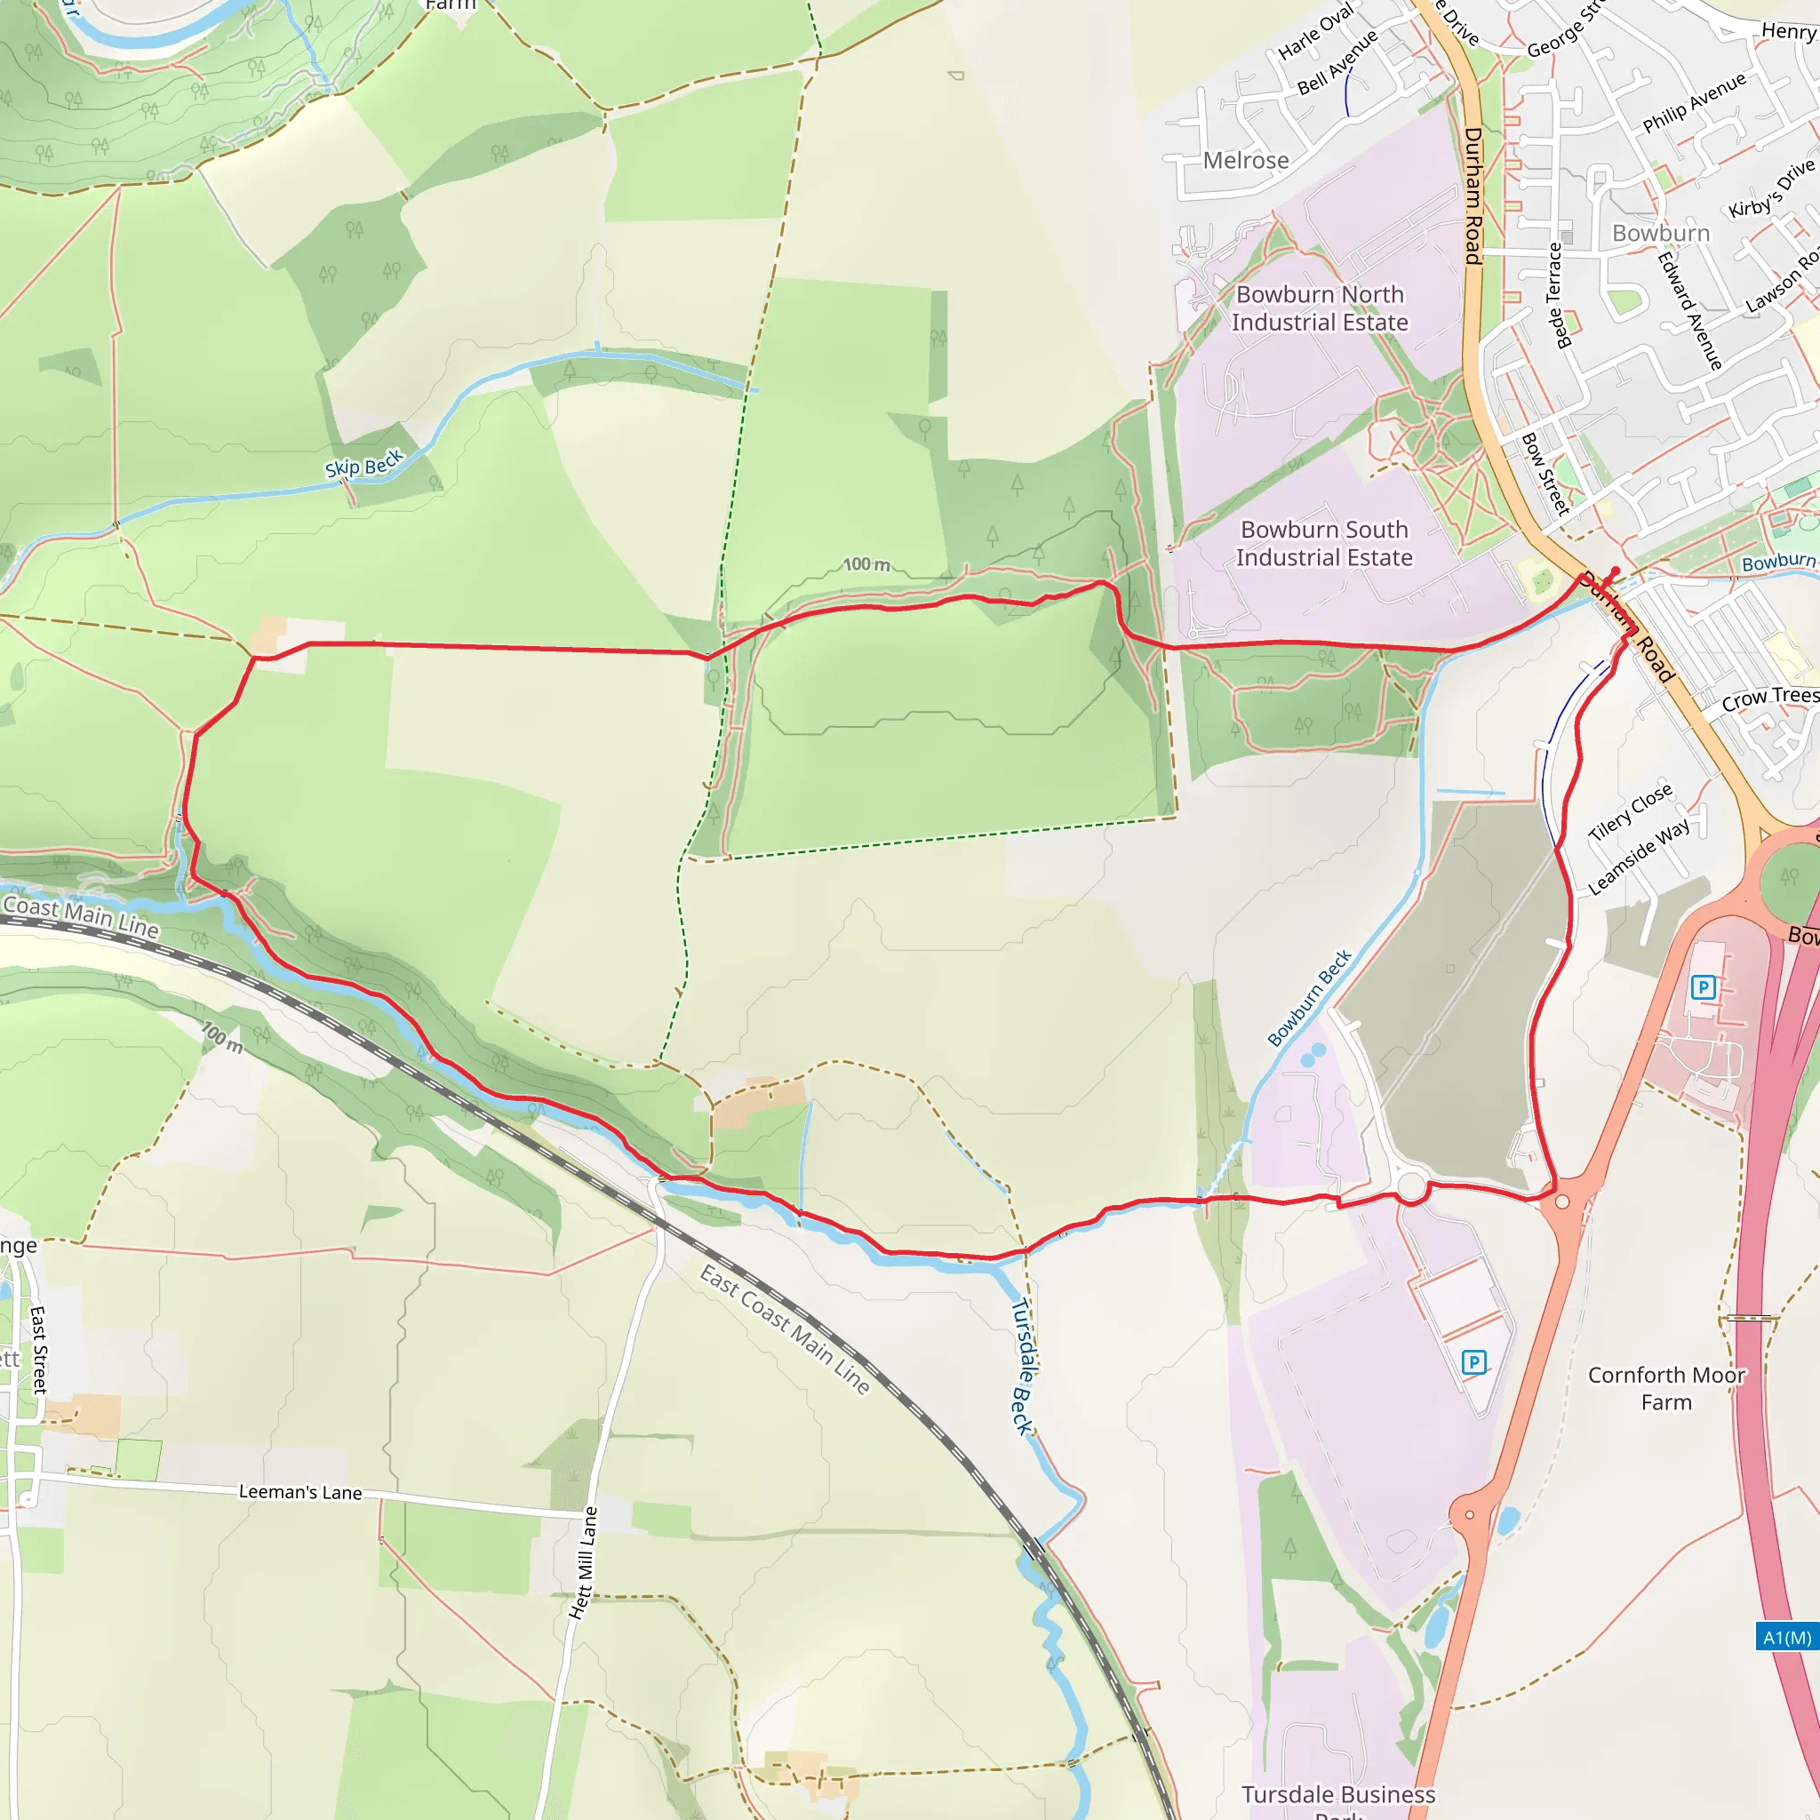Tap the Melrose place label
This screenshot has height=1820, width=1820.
point(1245,160)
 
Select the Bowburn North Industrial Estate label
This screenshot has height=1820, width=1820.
point(1319,308)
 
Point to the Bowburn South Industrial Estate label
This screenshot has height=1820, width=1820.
point(1323,544)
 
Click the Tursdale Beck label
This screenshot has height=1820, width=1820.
point(1023,1366)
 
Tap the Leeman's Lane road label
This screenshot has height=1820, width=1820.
point(299,1492)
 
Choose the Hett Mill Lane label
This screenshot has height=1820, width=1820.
point(584,1563)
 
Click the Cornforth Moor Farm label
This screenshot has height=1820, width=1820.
point(1666,1389)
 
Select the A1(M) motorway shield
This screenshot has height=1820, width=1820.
point(1787,1637)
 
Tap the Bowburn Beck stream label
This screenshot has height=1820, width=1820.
point(1309,999)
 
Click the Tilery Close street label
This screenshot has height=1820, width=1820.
point(1630,811)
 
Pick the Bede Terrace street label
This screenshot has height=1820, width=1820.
point(1555,296)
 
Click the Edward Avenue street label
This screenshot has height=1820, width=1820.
point(1690,310)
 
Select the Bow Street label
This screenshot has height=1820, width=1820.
point(1546,474)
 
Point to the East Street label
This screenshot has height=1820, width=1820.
point(38,1349)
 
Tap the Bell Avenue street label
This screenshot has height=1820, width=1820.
point(1337,62)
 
